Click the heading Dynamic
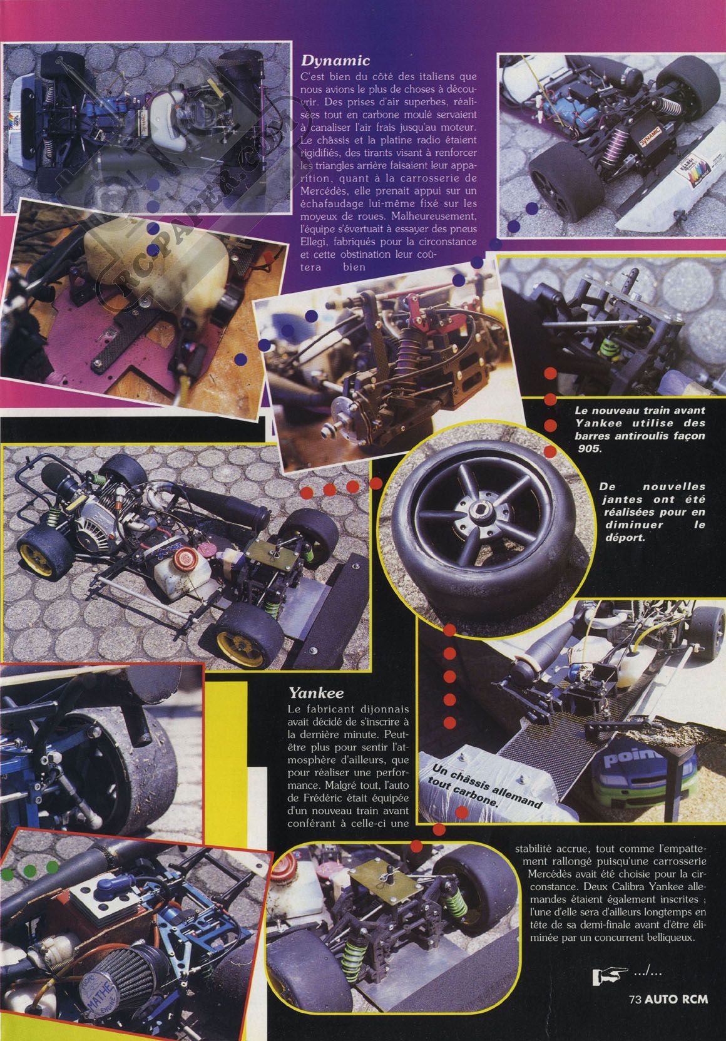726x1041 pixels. pyautogui.click(x=335, y=61)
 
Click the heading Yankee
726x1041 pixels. pyautogui.click(x=316, y=693)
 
